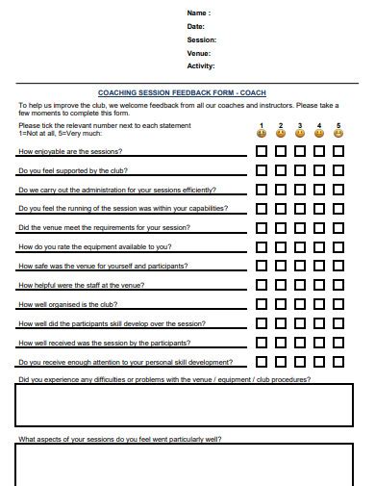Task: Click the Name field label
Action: (197, 13)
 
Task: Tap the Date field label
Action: (196, 26)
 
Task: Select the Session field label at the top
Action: (201, 39)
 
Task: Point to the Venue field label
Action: (199, 53)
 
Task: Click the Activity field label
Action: (201, 66)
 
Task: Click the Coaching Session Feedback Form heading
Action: (182, 92)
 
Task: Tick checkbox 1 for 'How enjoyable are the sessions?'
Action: (262, 151)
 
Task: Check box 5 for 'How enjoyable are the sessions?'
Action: (338, 151)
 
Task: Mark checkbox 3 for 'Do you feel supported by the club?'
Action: (300, 170)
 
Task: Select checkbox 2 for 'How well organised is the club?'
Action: (281, 304)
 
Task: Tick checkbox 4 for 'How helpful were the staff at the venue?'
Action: (319, 285)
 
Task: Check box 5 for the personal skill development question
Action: (338, 362)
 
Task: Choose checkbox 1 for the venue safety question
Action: (262, 266)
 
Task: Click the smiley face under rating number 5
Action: (338, 134)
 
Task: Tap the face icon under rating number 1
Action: (262, 134)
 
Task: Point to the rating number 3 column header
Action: (300, 125)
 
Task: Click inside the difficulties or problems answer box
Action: (187, 405)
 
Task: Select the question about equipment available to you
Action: (95, 247)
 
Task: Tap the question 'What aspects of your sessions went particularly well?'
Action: (119, 439)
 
